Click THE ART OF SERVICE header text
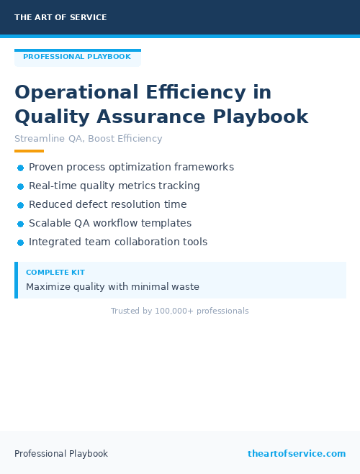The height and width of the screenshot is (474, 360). click(x=60, y=17)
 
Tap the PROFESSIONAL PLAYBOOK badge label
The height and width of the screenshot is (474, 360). click(x=77, y=57)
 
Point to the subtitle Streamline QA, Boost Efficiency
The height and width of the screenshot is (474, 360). click(x=89, y=139)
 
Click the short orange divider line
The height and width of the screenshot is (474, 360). click(x=29, y=151)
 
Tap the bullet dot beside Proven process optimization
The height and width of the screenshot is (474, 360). click(x=21, y=168)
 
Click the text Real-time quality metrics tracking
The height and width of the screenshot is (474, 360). click(x=114, y=186)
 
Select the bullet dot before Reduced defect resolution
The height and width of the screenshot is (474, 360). click(x=21, y=205)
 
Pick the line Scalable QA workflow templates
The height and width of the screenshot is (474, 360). click(x=110, y=223)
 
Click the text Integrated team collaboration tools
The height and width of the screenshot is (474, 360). click(x=118, y=242)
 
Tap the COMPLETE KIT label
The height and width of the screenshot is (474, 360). click(x=55, y=273)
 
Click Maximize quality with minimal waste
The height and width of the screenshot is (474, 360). click(x=112, y=287)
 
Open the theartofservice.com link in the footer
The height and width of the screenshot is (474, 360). click(x=297, y=454)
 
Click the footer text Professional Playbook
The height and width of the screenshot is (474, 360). click(x=61, y=454)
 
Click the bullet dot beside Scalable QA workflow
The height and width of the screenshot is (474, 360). click(x=21, y=224)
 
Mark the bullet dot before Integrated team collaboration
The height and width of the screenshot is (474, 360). click(x=21, y=242)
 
